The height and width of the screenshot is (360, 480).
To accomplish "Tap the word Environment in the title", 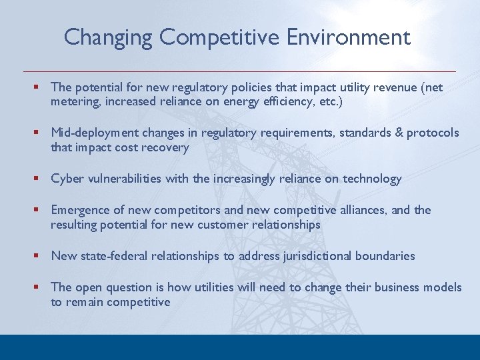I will tap(349, 37).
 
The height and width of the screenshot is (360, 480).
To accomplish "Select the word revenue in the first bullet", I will tap(397, 87).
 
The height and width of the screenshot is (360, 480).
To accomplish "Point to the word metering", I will tap(74, 101).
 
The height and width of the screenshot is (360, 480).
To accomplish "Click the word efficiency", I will tap(282, 101).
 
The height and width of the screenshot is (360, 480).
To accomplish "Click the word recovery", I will tap(165, 147).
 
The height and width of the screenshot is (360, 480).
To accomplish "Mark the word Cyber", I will tap(67, 179).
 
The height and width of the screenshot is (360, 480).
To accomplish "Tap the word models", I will tap(443, 287).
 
